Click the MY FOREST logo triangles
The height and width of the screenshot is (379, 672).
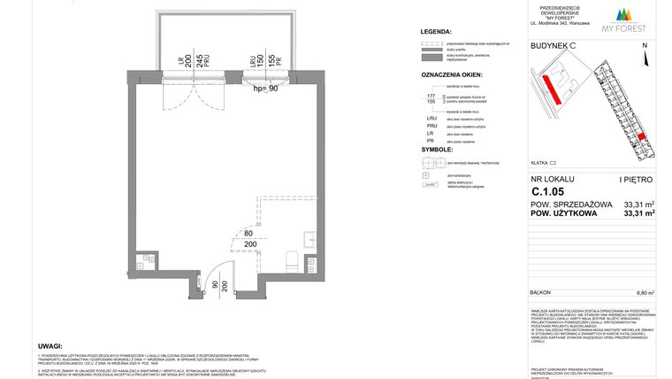(628, 13)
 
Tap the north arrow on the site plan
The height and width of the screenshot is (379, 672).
(645, 58)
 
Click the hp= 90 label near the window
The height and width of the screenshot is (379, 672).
(265, 89)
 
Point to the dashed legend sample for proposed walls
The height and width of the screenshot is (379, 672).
(432, 42)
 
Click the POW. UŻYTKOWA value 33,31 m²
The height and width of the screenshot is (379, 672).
(638, 213)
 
